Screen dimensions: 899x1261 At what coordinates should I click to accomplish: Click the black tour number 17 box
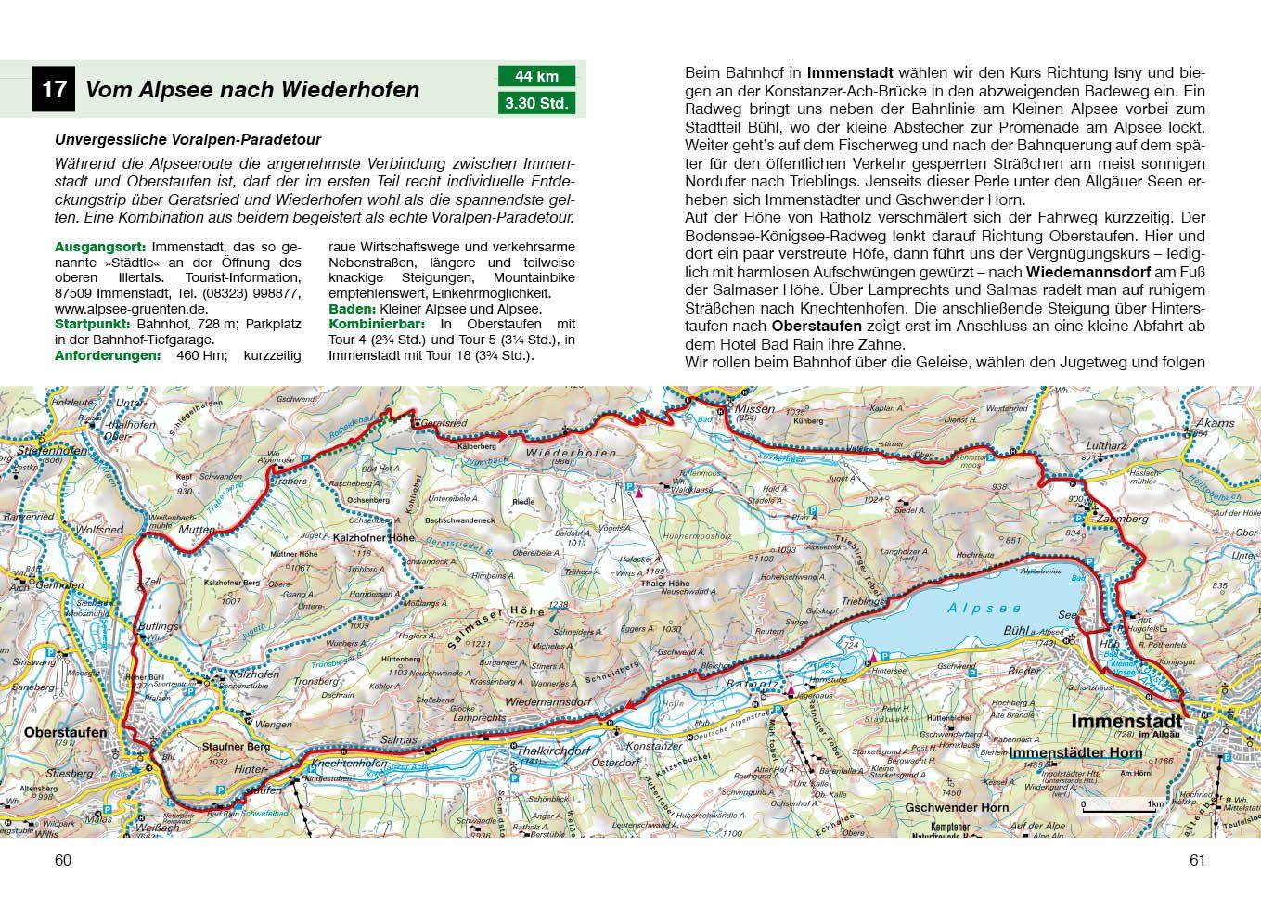53,90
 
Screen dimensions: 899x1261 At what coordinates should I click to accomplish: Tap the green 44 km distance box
536,76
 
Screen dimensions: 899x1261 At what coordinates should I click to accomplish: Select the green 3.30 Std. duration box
536,103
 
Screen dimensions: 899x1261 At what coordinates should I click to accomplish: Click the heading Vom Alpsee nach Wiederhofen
252,90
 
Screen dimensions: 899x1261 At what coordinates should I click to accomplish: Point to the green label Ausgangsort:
100,248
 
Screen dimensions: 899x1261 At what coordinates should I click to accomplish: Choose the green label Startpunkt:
94,325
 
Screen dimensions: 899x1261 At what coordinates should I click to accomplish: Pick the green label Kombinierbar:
377,325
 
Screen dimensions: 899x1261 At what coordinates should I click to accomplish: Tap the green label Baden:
352,309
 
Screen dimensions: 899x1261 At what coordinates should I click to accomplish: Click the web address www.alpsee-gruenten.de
131,309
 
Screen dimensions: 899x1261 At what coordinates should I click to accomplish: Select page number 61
1197,860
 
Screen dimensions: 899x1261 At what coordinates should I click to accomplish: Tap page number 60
63,860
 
